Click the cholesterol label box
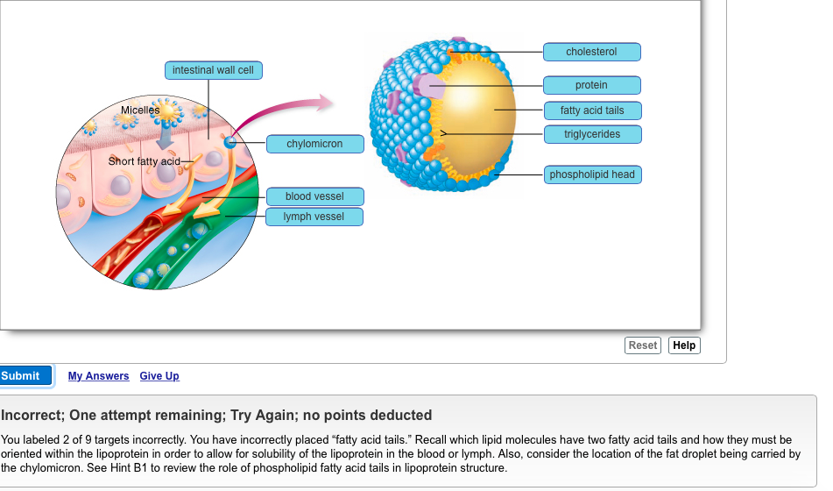coord(591,52)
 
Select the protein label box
coord(591,85)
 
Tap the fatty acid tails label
coord(591,110)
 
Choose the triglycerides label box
coord(591,134)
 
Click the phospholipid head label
coord(591,174)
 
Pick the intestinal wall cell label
coord(213,70)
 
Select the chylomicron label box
coord(314,144)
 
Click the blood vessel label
coord(314,196)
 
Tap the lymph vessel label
coord(314,217)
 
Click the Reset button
coord(642,345)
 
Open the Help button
coord(684,345)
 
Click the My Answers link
coord(98,376)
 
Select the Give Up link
coord(159,376)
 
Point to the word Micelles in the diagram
coord(140,110)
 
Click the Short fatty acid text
coord(144,161)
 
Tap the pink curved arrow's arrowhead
coord(326,103)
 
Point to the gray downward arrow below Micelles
coord(166,136)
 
